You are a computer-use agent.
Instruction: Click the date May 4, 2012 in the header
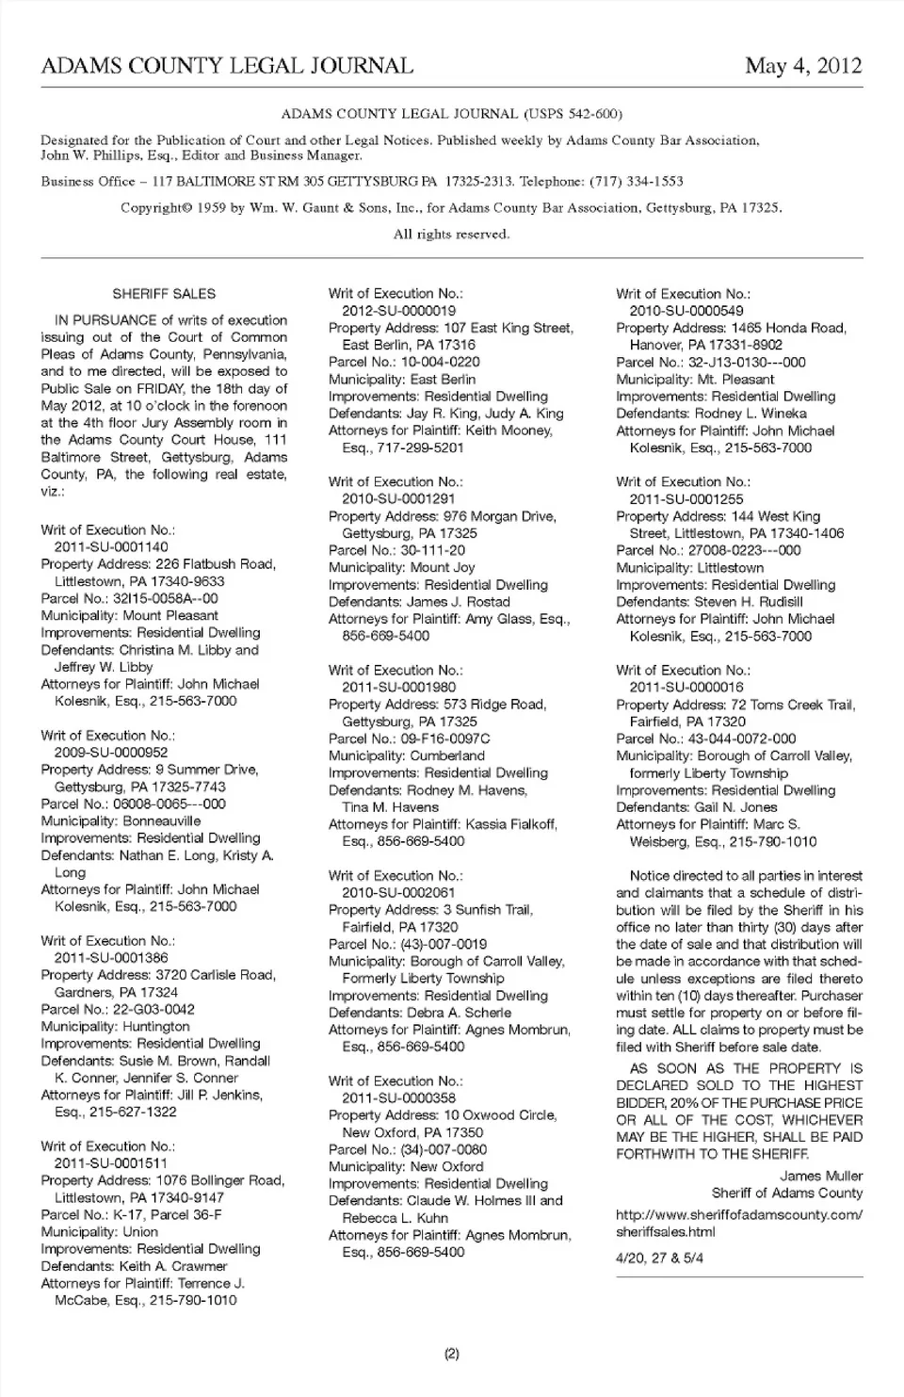click(802, 66)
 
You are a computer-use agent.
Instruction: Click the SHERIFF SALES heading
click(164, 294)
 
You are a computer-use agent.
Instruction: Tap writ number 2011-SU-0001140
click(111, 546)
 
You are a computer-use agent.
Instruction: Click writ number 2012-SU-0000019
click(399, 311)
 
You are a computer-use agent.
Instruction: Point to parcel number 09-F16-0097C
click(445, 739)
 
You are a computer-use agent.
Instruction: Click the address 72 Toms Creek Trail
click(793, 705)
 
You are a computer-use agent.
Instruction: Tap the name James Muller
click(821, 1176)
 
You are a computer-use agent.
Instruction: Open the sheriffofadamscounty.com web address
click(738, 1223)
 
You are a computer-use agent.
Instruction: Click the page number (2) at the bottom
click(451, 1355)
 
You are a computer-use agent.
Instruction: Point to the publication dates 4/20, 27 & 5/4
click(659, 1258)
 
